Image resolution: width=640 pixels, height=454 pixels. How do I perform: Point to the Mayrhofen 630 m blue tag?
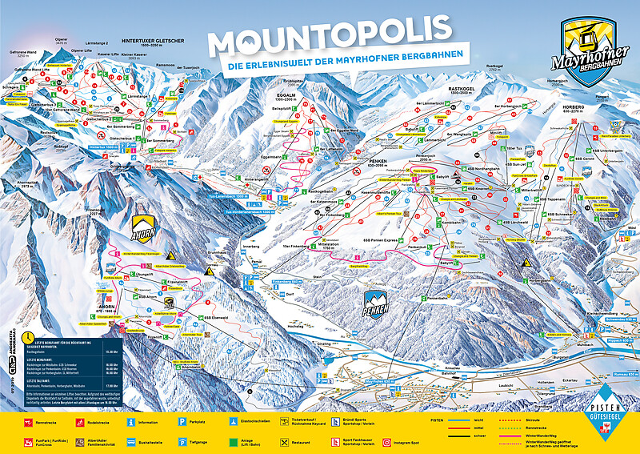pyautogui.click(x=382, y=381)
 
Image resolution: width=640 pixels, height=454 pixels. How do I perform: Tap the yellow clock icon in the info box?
pyautogui.click(x=29, y=337)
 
